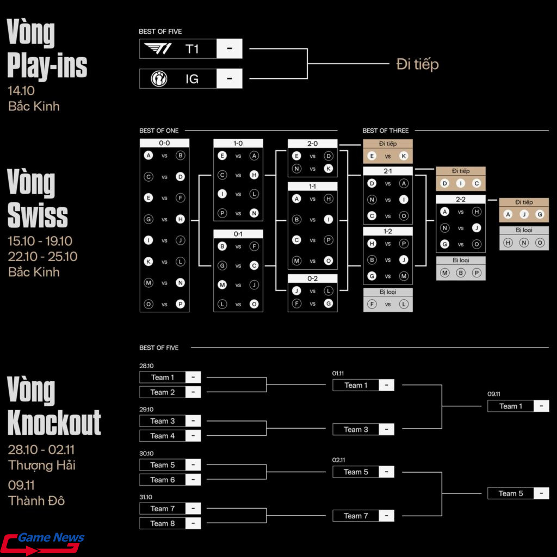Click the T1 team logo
(x=158, y=49)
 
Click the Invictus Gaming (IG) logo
(x=159, y=79)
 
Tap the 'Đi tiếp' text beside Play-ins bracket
(x=417, y=64)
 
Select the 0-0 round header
(x=164, y=143)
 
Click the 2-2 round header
(x=460, y=200)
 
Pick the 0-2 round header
(x=312, y=278)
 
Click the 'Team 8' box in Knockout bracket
(x=162, y=523)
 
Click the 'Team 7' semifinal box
(x=356, y=516)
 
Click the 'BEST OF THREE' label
(x=385, y=131)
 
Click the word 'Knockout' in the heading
(x=54, y=422)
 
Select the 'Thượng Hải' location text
(x=42, y=465)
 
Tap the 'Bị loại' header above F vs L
(x=388, y=292)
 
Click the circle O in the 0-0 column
(x=148, y=304)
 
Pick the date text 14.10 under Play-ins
(x=21, y=91)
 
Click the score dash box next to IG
(x=229, y=79)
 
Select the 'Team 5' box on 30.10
(x=162, y=465)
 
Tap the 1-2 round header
(x=387, y=231)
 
